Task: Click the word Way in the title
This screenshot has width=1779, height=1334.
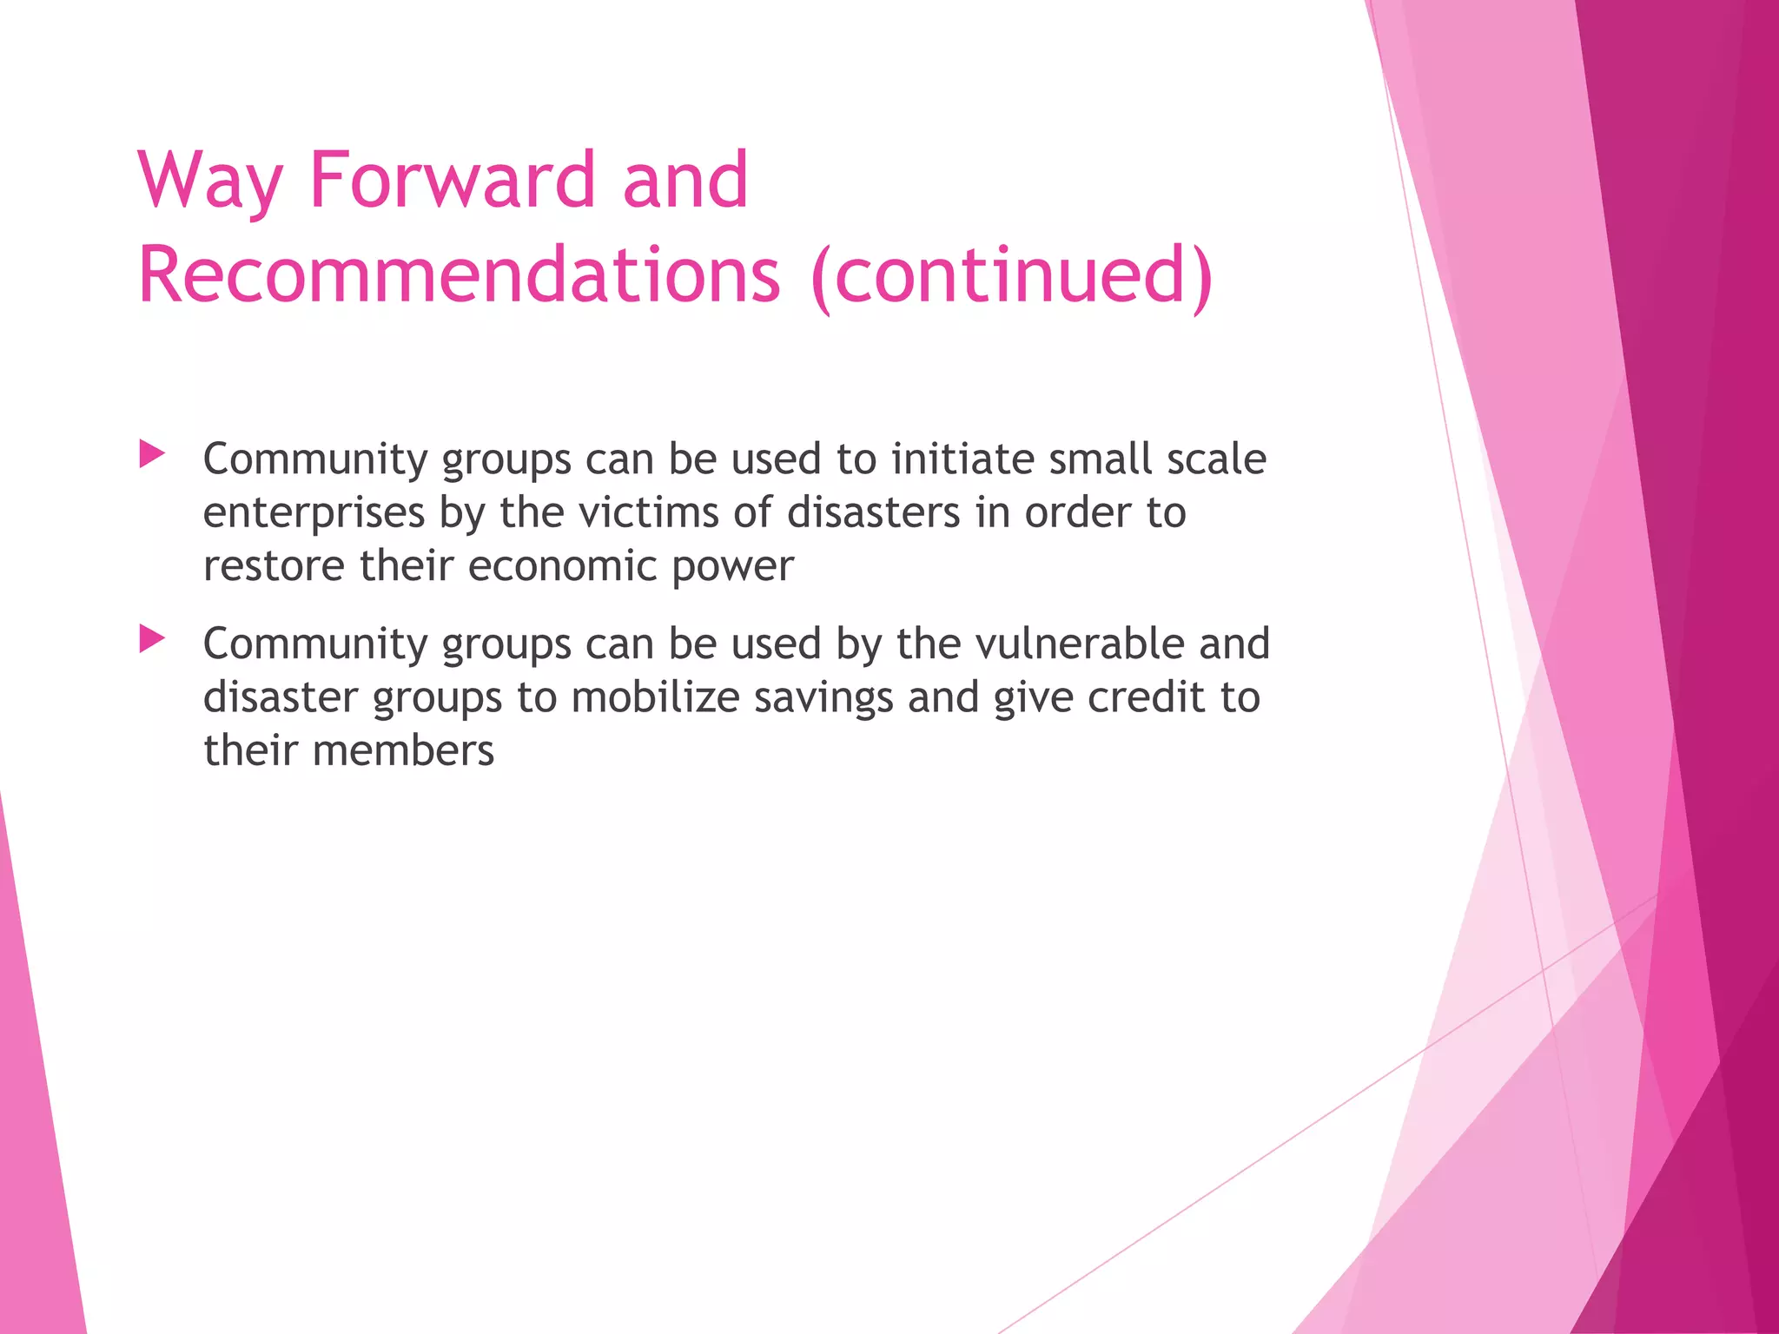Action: point(209,182)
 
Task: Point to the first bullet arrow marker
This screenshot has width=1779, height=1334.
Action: point(152,453)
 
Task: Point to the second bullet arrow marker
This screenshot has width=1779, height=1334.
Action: point(152,639)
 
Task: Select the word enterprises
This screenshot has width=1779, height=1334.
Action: point(314,513)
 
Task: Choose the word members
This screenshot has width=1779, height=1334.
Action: point(403,751)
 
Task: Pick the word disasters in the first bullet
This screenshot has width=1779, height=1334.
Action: point(874,512)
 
